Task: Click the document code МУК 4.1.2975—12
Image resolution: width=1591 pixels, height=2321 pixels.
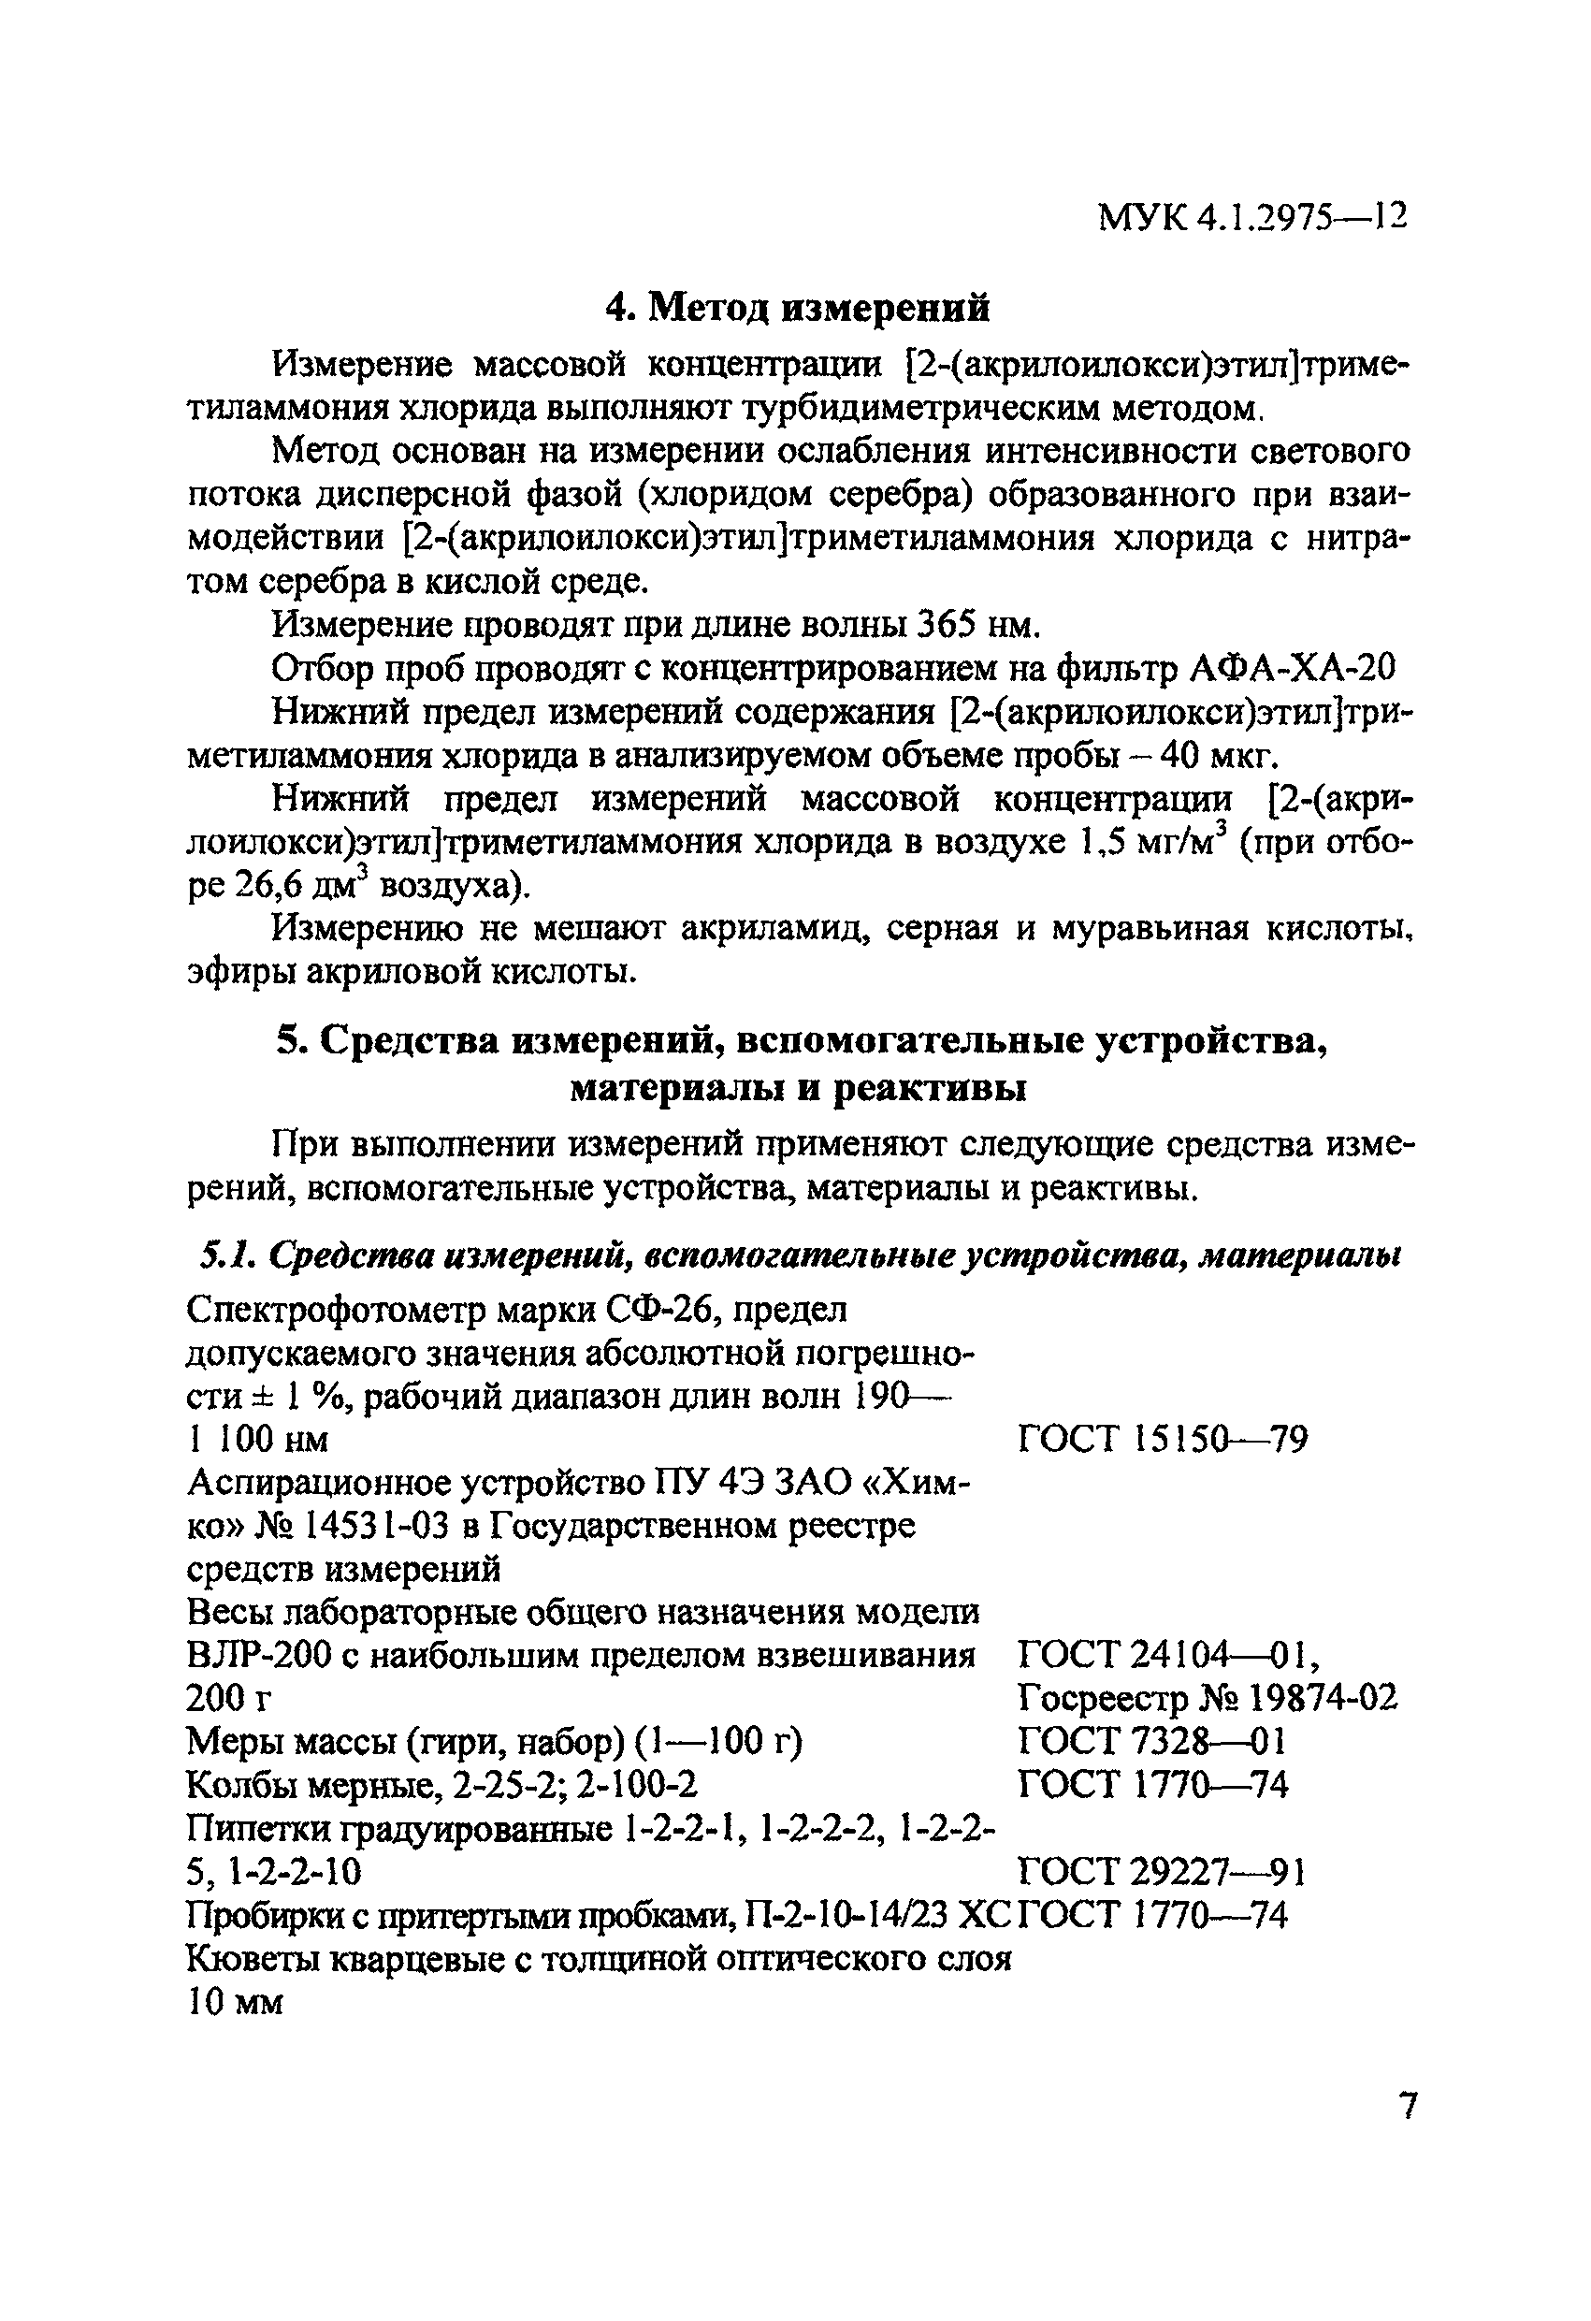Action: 1251,217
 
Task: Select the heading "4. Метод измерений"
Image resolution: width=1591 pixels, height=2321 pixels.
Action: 799,308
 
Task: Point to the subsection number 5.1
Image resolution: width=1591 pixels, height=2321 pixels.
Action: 224,1255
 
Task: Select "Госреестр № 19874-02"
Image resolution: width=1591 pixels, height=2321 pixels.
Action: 1208,1699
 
